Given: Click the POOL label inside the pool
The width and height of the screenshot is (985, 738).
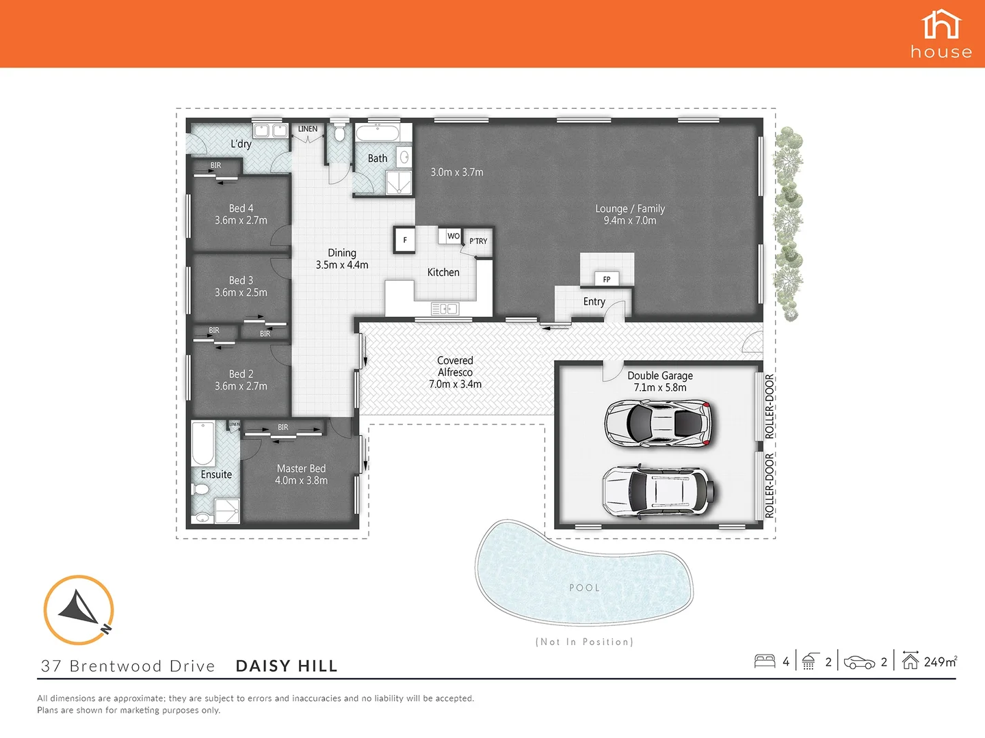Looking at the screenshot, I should (x=584, y=588).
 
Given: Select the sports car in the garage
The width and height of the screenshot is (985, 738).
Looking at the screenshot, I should (x=659, y=424).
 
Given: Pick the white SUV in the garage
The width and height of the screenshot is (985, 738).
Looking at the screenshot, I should (x=659, y=489).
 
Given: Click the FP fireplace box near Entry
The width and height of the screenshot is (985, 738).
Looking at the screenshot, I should (x=606, y=279).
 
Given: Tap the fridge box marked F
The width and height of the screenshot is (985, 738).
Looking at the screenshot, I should (x=404, y=240).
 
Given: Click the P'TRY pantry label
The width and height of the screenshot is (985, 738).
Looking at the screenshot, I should (x=478, y=241).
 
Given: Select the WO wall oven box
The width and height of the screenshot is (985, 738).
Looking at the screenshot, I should (x=453, y=236).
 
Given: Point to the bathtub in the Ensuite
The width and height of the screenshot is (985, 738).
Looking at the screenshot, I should (x=203, y=443).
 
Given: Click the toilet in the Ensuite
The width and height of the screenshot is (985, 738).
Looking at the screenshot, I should (x=201, y=489).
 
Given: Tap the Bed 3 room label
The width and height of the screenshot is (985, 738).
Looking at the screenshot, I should (x=241, y=280).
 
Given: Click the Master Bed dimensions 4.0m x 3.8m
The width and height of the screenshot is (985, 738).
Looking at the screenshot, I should (x=301, y=480).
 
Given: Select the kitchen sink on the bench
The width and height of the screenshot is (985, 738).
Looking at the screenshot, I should (x=445, y=309).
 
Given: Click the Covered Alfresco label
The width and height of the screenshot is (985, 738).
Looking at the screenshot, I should (x=455, y=366).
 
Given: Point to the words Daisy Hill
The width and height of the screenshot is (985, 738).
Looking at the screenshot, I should (x=287, y=666).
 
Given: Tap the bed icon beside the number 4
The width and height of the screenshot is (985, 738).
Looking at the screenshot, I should (x=764, y=661).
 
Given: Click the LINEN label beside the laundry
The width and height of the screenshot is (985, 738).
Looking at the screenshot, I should (x=307, y=128).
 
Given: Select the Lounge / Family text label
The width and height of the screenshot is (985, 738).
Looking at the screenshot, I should (x=629, y=208).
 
